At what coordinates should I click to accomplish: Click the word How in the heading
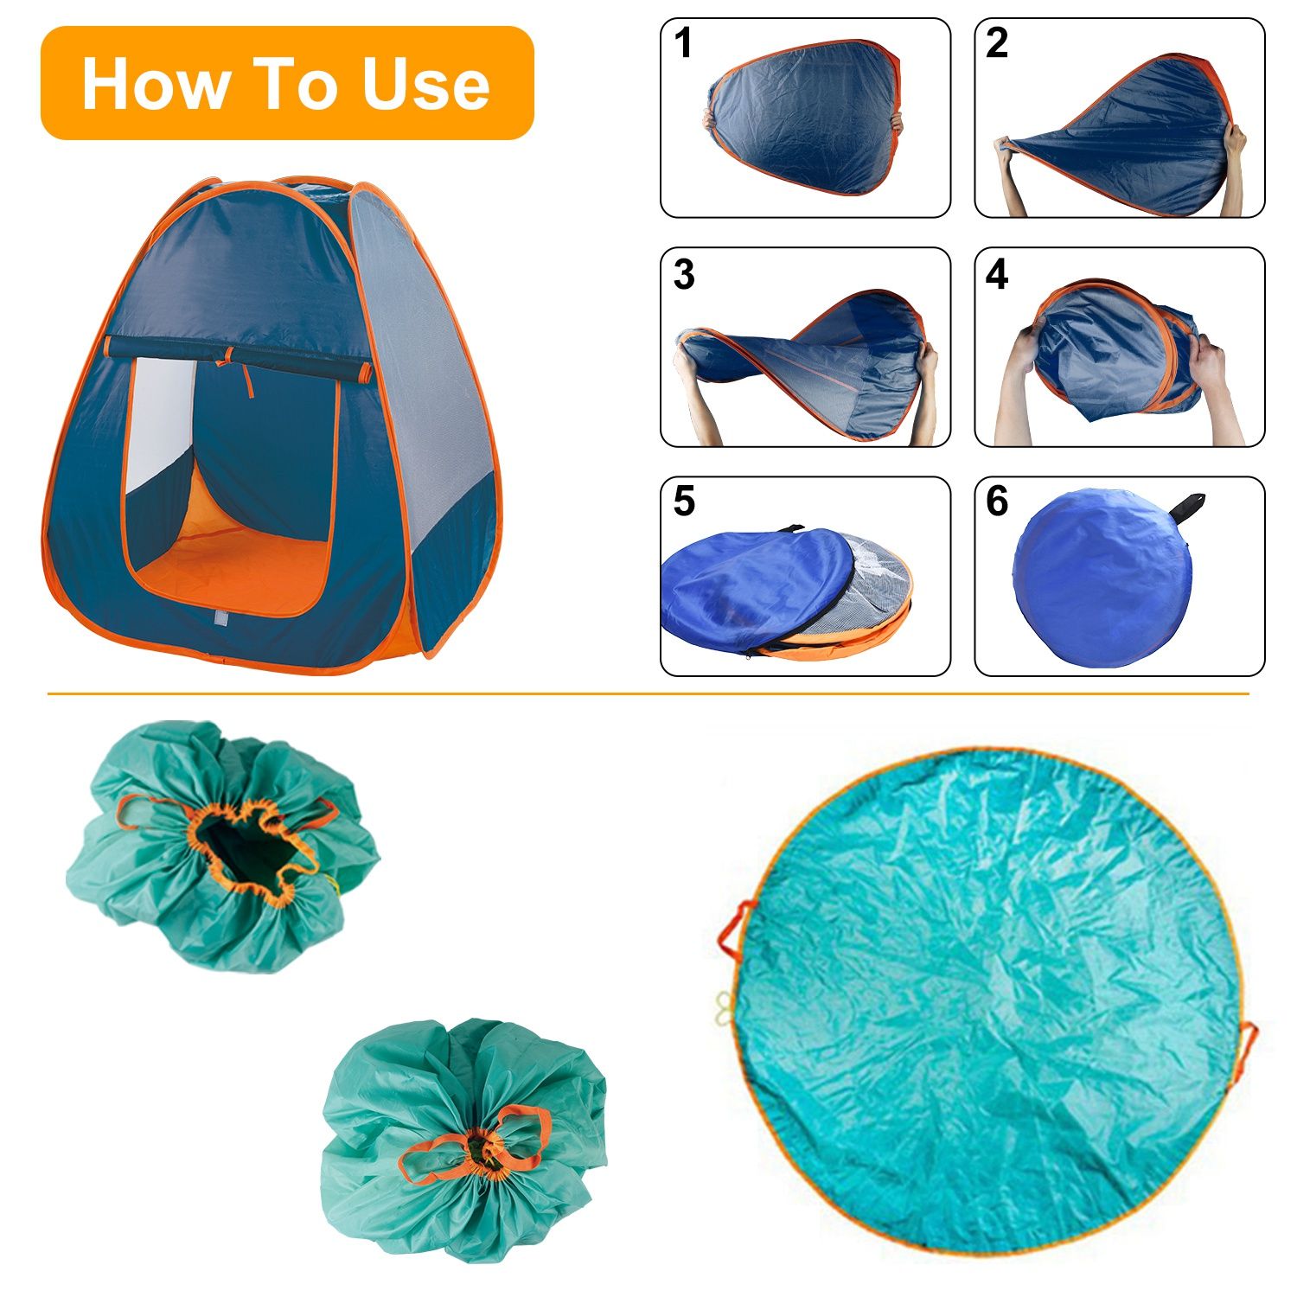(x=156, y=84)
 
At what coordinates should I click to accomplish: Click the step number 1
(x=683, y=43)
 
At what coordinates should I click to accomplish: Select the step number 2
(x=997, y=43)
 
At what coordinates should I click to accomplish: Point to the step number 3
(x=684, y=274)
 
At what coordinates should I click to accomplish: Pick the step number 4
(x=997, y=274)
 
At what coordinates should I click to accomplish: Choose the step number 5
(x=684, y=502)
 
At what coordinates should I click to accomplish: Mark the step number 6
(x=997, y=502)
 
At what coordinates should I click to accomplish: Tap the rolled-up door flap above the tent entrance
(x=238, y=361)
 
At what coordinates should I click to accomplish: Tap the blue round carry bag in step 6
(x=1103, y=578)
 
